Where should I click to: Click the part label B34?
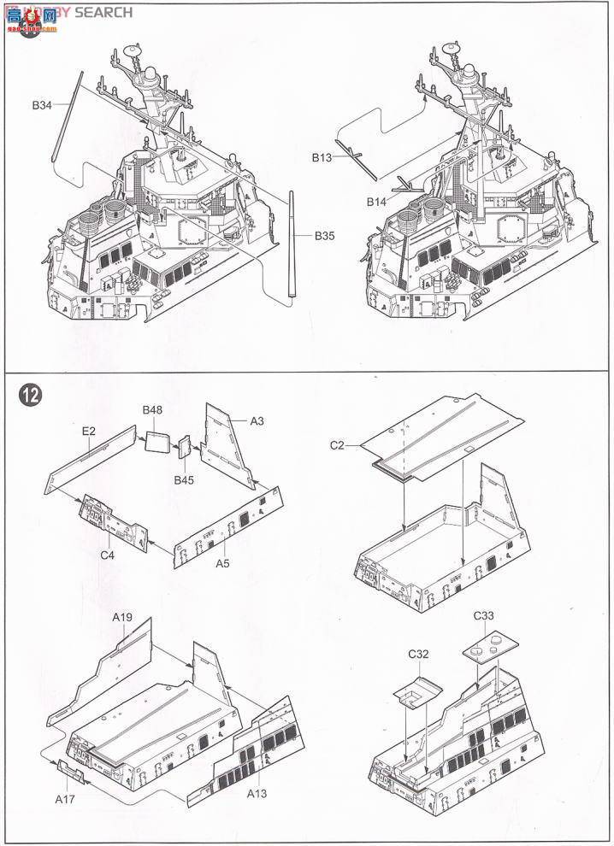click(43, 105)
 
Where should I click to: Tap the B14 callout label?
click(377, 202)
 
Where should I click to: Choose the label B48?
click(152, 410)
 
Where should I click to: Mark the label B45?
click(183, 479)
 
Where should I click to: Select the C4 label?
click(107, 555)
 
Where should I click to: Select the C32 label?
click(418, 655)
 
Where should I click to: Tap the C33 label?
click(485, 614)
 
